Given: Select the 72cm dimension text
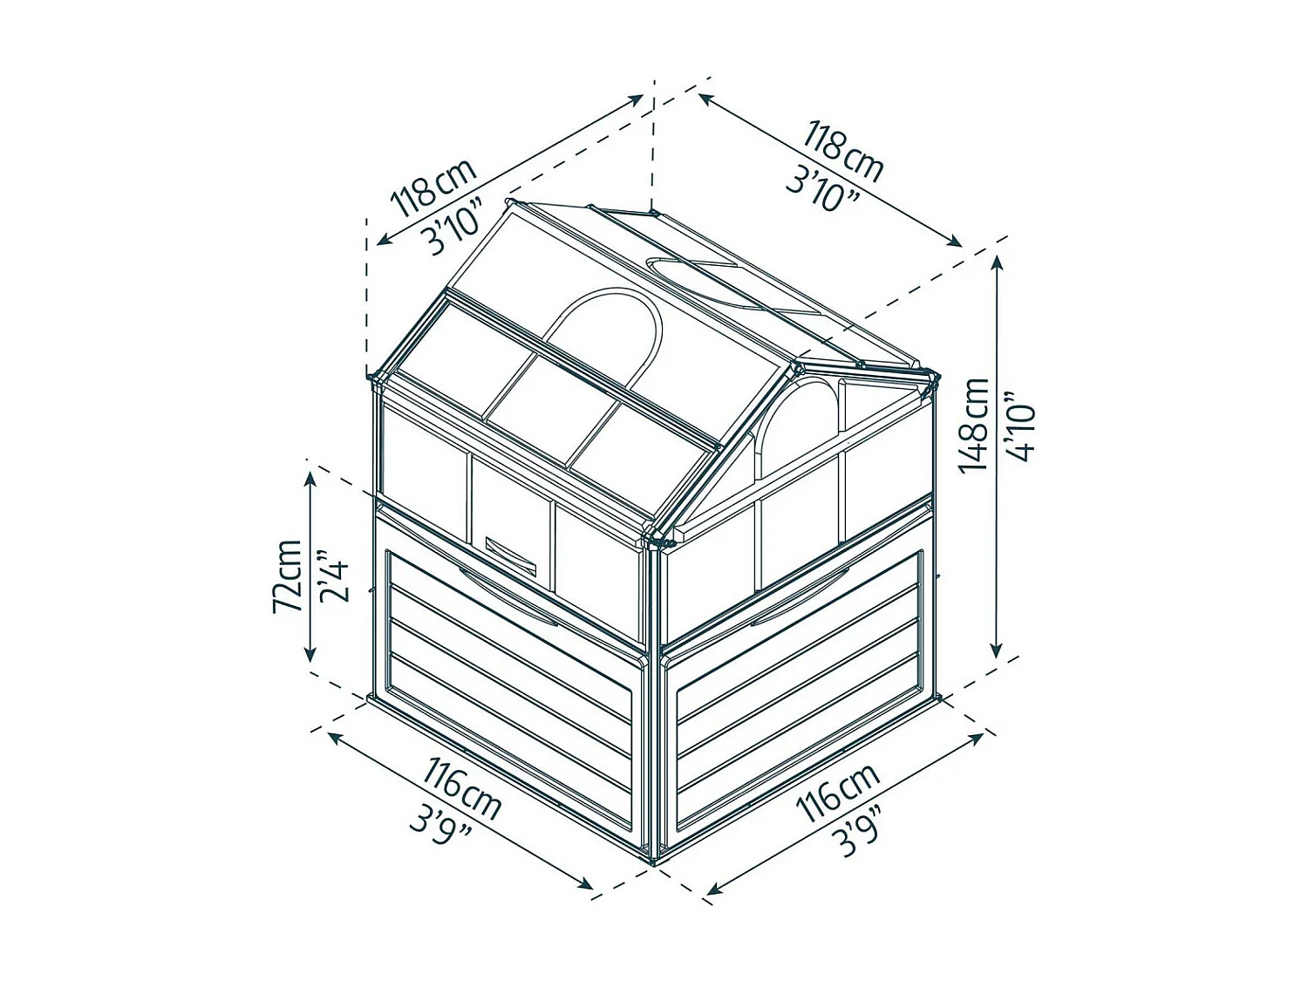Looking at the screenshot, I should (287, 576).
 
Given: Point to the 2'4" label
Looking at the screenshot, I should (333, 576).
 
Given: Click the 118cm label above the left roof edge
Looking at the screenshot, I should (433, 187).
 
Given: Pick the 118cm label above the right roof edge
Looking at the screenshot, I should (843, 152).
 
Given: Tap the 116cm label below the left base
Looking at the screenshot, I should (461, 789).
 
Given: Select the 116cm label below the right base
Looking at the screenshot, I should (838, 793).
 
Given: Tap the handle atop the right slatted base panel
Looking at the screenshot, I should (798, 595).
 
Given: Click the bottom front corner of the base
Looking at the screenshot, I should (655, 862).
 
